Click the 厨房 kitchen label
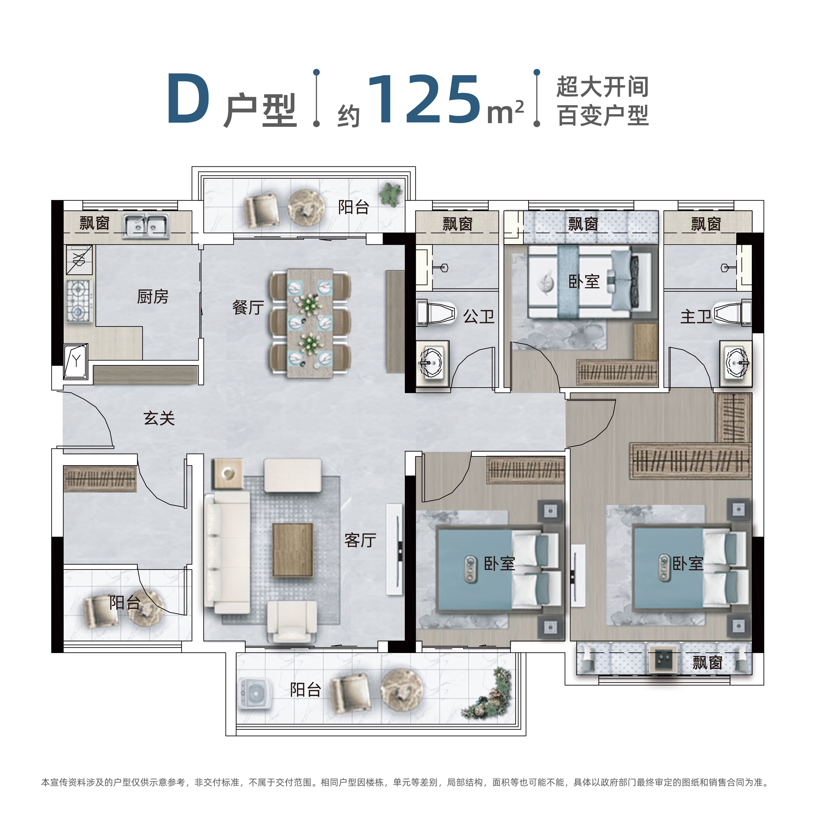[x=153, y=297]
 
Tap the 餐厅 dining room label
[x=248, y=307]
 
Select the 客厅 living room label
[x=360, y=540]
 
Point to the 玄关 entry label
[x=159, y=418]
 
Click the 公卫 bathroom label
[x=479, y=317]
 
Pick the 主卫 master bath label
[x=696, y=317]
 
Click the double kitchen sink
[x=146, y=226]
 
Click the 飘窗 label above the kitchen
[x=95, y=223]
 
